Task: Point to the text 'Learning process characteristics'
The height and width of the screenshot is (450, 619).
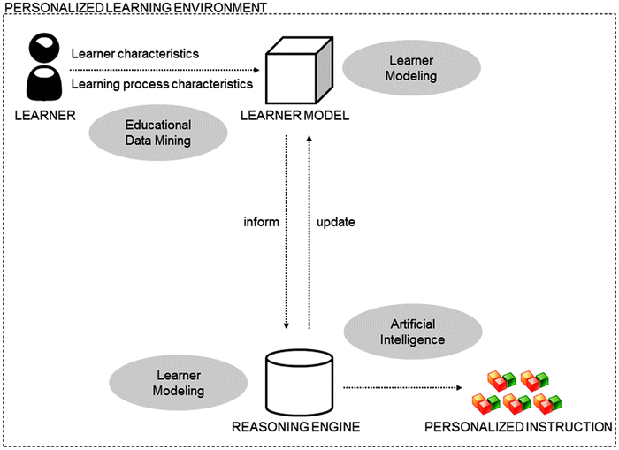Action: (162, 83)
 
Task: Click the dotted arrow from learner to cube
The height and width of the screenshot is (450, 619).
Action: (168, 69)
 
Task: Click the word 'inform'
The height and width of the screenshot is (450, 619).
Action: (263, 222)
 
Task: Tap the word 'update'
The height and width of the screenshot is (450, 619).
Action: (335, 222)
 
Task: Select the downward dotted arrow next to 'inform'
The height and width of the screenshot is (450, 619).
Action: (287, 230)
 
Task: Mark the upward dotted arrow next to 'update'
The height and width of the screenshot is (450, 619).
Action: (308, 230)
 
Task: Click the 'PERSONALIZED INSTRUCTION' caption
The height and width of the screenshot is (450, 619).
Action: (518, 427)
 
